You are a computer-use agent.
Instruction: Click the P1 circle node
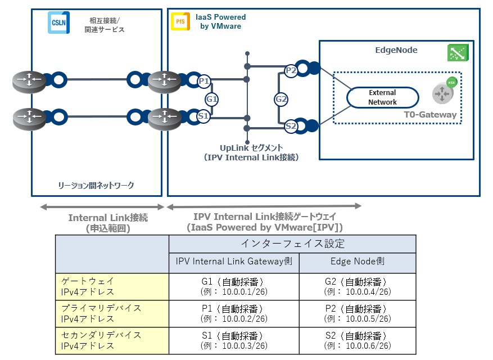coord(204,81)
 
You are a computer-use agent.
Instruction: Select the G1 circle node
coord(212,99)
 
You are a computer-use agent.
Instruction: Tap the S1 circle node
coord(204,116)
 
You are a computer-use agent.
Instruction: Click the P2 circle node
coord(291,70)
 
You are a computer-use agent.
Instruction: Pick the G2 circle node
coord(281,99)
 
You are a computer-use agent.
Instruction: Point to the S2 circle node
coord(291,127)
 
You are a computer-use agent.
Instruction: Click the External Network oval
coord(382,97)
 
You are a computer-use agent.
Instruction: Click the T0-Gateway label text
coord(430,115)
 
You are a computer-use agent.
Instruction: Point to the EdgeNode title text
coord(396,50)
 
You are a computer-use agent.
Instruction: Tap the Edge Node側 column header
coord(358,263)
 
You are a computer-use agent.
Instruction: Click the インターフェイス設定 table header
coord(292,244)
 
